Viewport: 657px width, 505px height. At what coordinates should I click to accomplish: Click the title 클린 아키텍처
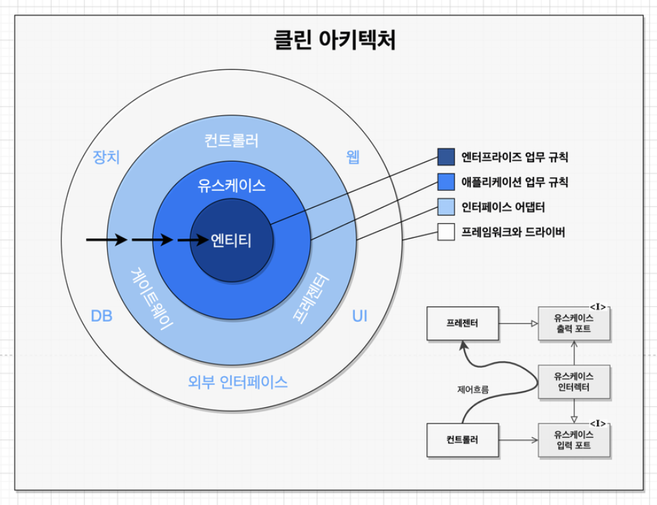click(x=335, y=40)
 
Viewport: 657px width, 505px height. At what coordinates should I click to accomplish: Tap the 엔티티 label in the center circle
click(x=231, y=240)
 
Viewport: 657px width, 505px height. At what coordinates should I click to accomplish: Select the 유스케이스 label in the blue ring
click(x=231, y=185)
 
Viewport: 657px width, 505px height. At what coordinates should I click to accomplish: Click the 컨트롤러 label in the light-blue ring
click(x=231, y=141)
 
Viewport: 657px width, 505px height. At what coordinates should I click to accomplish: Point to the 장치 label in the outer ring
click(x=106, y=157)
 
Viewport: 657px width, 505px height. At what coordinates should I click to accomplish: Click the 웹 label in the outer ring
click(x=353, y=157)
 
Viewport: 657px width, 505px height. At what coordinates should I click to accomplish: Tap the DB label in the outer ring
click(x=102, y=316)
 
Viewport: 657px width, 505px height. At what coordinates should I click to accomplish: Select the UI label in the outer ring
click(x=359, y=316)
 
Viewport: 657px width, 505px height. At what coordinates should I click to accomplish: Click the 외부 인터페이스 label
click(x=238, y=382)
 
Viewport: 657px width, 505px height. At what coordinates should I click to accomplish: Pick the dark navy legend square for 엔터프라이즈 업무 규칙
click(x=446, y=157)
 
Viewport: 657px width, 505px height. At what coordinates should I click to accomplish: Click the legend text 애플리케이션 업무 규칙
click(x=514, y=182)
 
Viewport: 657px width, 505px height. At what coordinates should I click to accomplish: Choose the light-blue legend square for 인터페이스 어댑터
click(x=446, y=207)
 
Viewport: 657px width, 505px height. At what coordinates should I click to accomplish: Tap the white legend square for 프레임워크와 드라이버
click(x=446, y=232)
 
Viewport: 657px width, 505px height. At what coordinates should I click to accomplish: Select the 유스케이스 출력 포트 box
click(x=573, y=324)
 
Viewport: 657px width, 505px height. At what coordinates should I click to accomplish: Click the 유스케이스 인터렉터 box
click(x=573, y=382)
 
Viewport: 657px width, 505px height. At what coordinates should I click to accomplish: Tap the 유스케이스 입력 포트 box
click(x=573, y=440)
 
